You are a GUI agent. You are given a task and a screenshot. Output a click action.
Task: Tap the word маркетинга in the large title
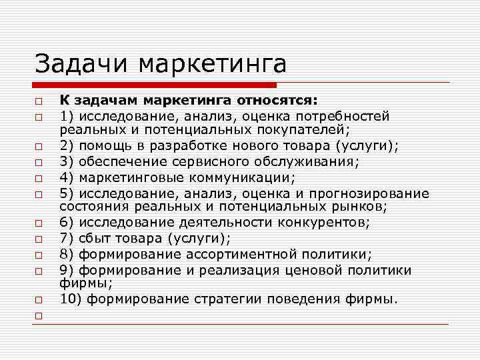(213, 65)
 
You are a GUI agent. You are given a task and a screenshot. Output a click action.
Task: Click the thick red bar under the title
(154, 85)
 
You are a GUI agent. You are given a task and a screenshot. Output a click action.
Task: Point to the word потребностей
(348, 116)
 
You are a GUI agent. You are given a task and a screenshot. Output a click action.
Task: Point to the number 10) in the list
(69, 299)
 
